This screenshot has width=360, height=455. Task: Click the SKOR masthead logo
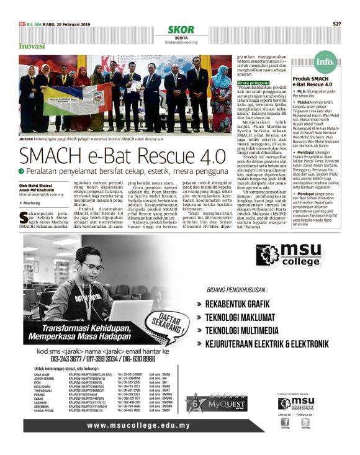(181, 30)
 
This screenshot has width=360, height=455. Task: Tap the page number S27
(337, 24)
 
